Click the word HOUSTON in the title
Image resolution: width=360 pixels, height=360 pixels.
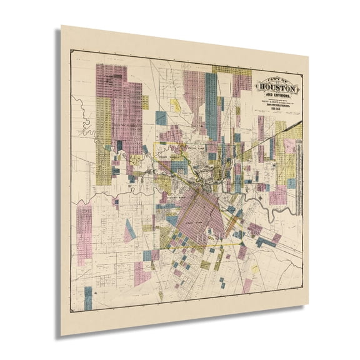tap(279, 89)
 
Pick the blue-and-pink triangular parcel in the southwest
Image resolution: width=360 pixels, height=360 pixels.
tap(129, 231)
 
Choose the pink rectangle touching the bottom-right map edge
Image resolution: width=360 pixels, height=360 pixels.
tap(247, 286)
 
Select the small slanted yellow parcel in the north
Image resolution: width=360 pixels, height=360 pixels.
tap(176, 105)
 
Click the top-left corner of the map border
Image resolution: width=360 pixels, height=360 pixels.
tap(70, 50)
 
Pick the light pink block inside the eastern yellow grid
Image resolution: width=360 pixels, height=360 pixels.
tap(289, 146)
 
